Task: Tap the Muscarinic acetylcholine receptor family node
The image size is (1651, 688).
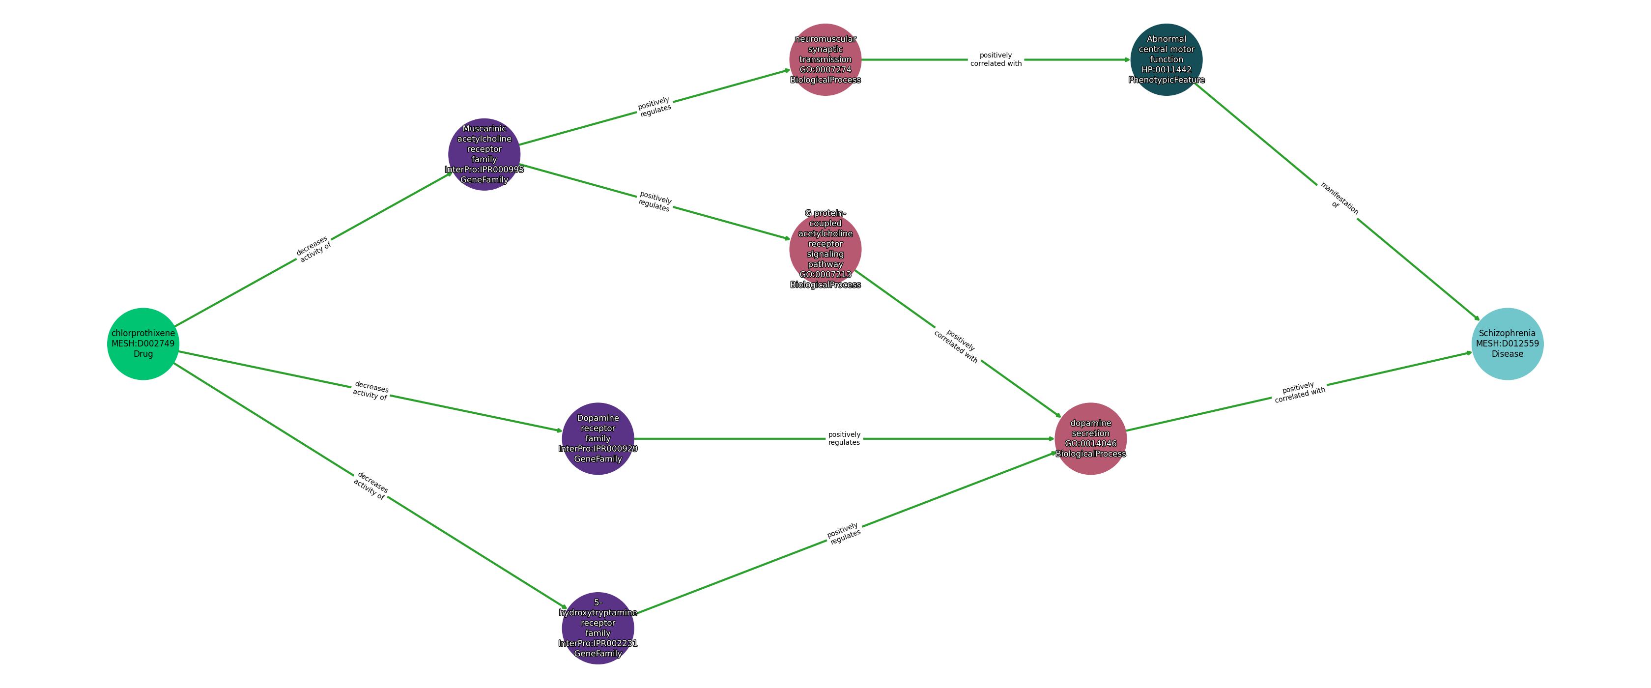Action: (x=484, y=154)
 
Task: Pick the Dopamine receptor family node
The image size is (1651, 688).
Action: (x=598, y=438)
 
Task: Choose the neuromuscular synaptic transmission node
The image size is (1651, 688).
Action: (x=825, y=59)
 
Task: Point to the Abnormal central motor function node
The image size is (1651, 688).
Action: (x=1166, y=59)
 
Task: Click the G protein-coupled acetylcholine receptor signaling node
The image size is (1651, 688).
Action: (x=825, y=249)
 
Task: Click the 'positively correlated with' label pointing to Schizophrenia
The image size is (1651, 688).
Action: (x=1299, y=393)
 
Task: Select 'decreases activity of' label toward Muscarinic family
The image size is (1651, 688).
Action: (x=313, y=249)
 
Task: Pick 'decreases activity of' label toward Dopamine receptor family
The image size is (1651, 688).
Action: (x=370, y=391)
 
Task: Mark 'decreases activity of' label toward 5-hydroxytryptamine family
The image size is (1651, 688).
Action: (x=370, y=486)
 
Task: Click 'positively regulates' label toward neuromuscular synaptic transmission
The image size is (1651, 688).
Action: (x=655, y=107)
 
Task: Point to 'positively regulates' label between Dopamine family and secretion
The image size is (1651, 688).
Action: (x=844, y=438)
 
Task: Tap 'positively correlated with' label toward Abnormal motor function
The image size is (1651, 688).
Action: (x=996, y=59)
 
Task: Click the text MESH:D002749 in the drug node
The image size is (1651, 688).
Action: (x=143, y=344)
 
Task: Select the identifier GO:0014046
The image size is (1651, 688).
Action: (x=1090, y=444)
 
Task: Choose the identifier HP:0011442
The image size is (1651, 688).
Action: (x=1166, y=70)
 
